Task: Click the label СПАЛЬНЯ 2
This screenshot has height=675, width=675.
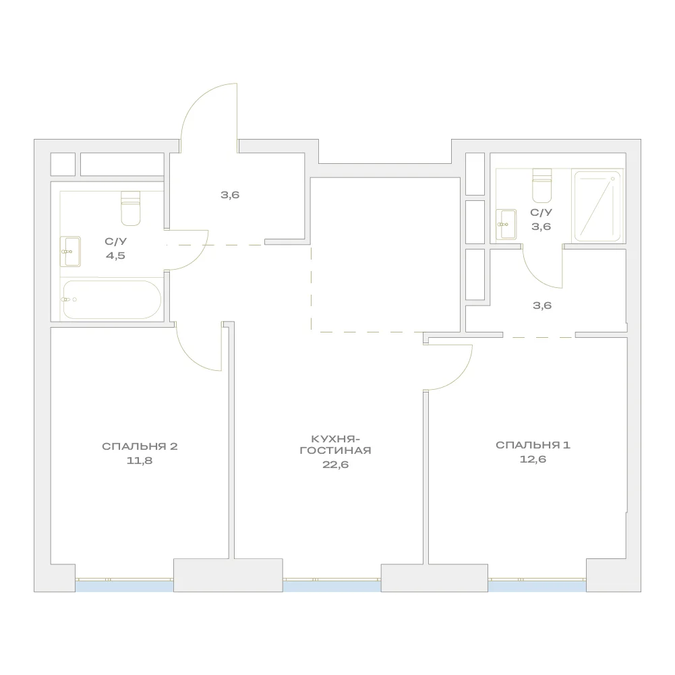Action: click(x=140, y=446)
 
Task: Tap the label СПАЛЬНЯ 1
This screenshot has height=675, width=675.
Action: click(x=533, y=445)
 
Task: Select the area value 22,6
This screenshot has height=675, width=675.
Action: click(x=335, y=465)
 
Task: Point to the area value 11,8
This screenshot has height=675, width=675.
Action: click(x=140, y=461)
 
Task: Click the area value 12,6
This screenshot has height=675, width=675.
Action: click(x=533, y=459)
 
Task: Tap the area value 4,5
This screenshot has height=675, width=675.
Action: click(x=115, y=256)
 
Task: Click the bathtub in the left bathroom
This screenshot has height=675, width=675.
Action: click(x=112, y=299)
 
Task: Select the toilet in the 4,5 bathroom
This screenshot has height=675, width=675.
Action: click(x=130, y=208)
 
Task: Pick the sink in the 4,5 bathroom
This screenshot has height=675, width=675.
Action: click(x=70, y=252)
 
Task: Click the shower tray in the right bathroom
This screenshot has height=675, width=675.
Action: click(x=597, y=206)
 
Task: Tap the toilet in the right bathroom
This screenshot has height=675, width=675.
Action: click(x=542, y=185)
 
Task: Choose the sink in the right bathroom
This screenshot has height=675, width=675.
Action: click(x=506, y=225)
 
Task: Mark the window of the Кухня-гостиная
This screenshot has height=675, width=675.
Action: click(x=332, y=585)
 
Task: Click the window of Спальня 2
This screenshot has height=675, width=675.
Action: click(x=124, y=585)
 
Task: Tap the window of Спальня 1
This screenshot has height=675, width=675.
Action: click(x=537, y=585)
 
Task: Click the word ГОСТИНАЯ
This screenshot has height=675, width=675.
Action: click(x=335, y=450)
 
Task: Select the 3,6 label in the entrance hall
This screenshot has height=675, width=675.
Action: click(x=230, y=195)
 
